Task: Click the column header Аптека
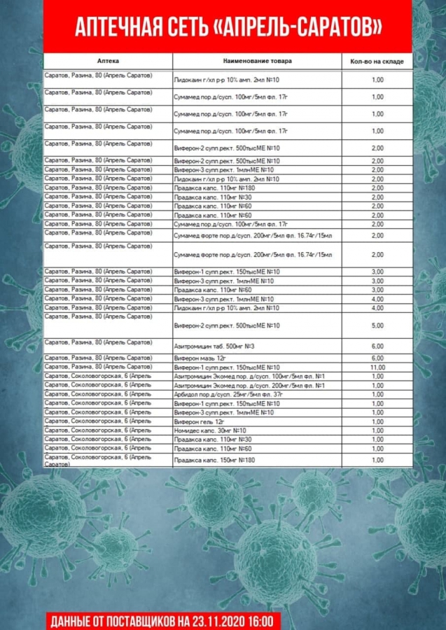click(x=109, y=61)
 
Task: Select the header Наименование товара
click(x=258, y=61)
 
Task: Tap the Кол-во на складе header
click(x=377, y=62)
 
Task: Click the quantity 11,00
click(x=377, y=367)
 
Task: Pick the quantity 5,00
click(x=377, y=326)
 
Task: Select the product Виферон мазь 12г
click(x=198, y=358)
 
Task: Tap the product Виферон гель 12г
click(x=198, y=422)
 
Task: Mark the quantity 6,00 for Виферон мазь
click(x=377, y=358)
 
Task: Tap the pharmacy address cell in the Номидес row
click(x=97, y=430)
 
